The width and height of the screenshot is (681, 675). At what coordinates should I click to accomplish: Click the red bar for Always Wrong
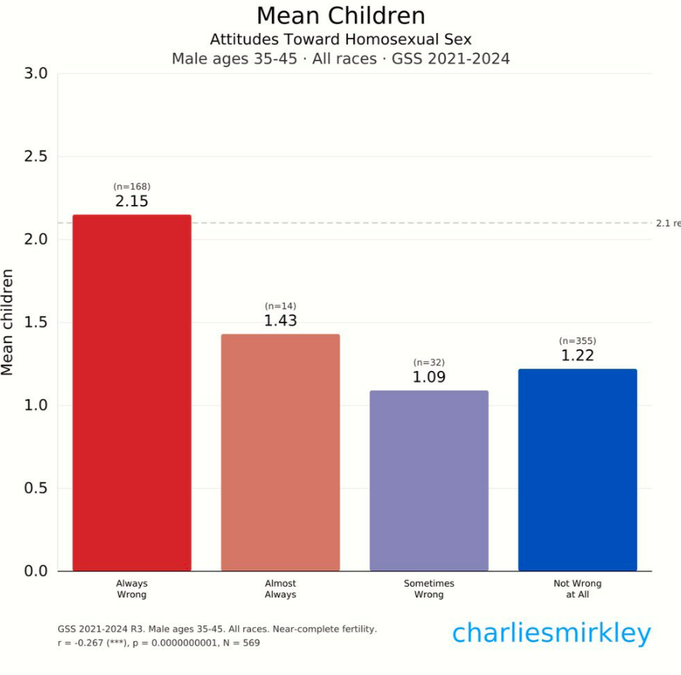(131, 392)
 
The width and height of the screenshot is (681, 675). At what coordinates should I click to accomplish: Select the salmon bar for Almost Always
(280, 452)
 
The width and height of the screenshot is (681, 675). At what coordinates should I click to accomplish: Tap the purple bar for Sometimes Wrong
(428, 481)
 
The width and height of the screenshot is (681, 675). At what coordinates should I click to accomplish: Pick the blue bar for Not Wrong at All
(577, 470)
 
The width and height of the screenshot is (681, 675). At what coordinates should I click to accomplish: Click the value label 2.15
(131, 202)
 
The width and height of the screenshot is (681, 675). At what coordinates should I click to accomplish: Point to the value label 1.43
(280, 321)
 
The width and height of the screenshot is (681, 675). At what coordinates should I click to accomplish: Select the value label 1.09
(428, 378)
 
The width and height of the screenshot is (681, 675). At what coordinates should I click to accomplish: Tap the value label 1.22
(577, 356)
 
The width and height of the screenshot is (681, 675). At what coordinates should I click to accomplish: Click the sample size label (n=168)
(131, 187)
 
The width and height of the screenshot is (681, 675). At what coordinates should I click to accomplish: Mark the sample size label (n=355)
(577, 341)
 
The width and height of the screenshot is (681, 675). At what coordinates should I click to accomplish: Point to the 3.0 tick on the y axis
(35, 74)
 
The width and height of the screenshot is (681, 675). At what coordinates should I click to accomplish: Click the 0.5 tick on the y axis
(35, 488)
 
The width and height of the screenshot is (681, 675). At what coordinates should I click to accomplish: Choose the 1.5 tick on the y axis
(35, 323)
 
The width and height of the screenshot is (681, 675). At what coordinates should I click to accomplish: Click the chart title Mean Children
(340, 16)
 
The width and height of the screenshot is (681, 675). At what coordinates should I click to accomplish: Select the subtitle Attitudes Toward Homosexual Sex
(340, 39)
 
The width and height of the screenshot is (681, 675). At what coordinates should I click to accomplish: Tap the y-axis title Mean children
(8, 322)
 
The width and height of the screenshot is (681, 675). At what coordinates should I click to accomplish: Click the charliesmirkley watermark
(550, 634)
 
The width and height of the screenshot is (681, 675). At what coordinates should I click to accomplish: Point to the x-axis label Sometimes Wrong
(428, 589)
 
